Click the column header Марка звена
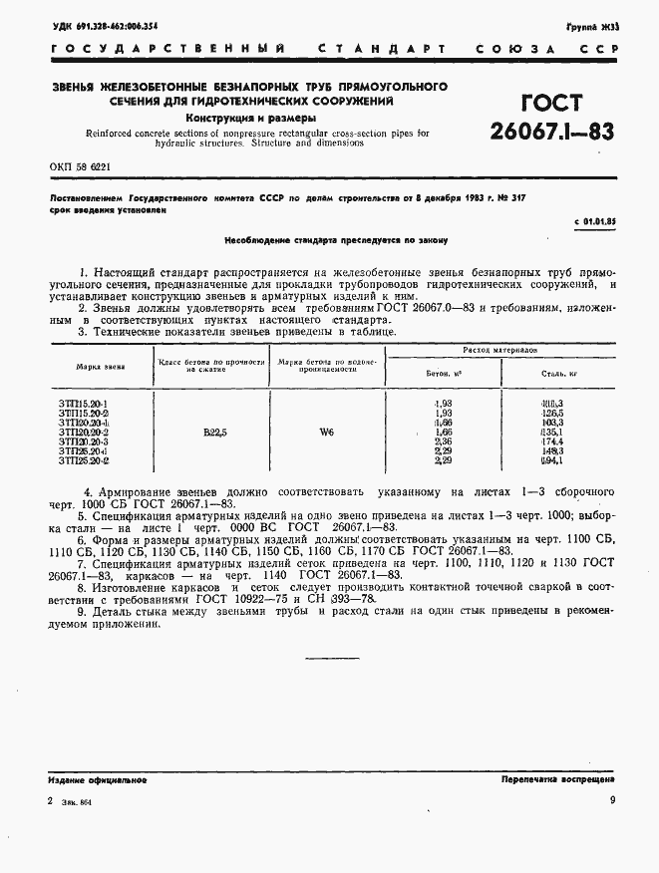point(100,366)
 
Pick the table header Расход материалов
point(512,351)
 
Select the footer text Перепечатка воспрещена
point(557,780)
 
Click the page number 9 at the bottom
point(611,800)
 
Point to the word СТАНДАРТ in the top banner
point(372,49)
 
